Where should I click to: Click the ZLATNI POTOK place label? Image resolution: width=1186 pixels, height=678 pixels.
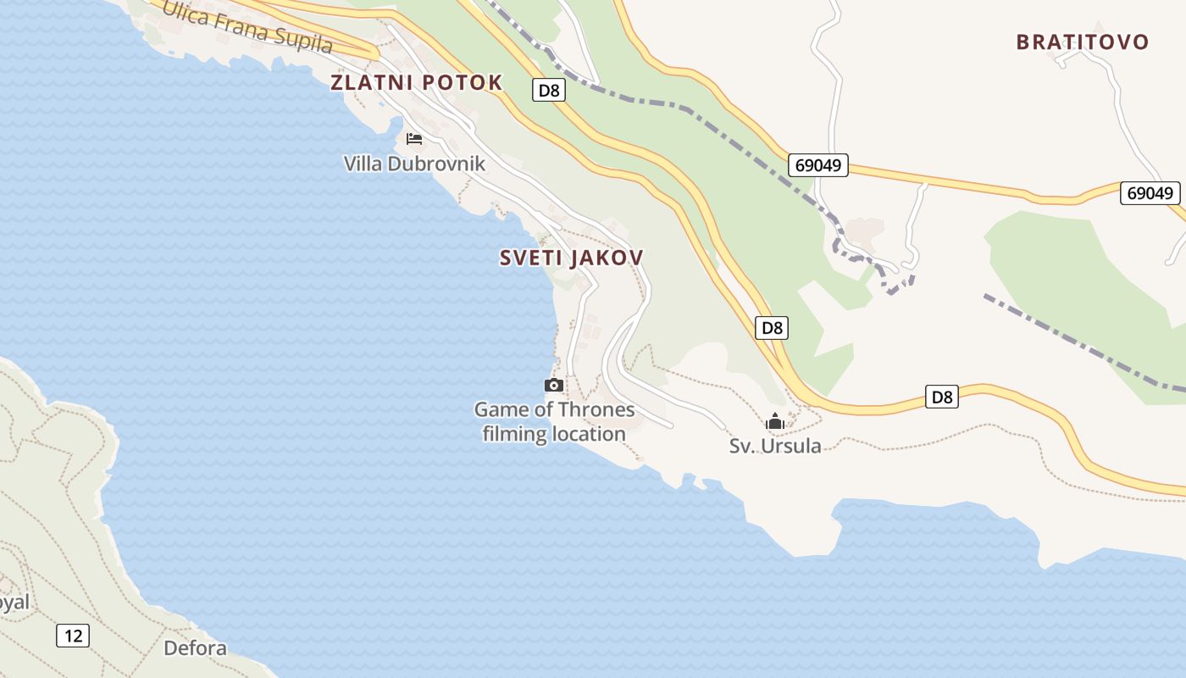[416, 82]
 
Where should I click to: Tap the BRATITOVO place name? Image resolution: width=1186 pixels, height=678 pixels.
[1083, 42]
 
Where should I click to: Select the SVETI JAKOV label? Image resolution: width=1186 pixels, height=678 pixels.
[572, 258]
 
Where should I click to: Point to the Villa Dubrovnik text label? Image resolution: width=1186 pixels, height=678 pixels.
[414, 164]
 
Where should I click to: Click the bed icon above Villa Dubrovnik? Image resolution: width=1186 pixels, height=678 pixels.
[414, 139]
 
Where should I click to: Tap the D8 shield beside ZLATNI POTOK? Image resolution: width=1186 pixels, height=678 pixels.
[549, 90]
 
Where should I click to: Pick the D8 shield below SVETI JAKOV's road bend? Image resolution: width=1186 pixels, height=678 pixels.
[771, 328]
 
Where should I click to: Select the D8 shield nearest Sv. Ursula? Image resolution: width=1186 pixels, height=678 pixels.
[941, 397]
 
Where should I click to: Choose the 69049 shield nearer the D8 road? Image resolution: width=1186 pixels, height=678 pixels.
[818, 165]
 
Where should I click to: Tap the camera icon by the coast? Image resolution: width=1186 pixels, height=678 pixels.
[554, 386]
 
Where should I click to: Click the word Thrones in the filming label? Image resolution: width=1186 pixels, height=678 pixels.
[590, 410]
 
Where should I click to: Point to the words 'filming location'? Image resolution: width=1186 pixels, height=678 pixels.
[554, 434]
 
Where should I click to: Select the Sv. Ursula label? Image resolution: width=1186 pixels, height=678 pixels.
[775, 446]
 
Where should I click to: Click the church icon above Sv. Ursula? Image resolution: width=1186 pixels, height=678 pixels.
[775, 421]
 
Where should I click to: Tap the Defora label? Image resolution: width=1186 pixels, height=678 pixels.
[195, 648]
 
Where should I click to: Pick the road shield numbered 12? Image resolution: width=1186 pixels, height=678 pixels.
[73, 635]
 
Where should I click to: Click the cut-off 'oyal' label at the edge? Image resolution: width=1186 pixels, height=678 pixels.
[14, 603]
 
